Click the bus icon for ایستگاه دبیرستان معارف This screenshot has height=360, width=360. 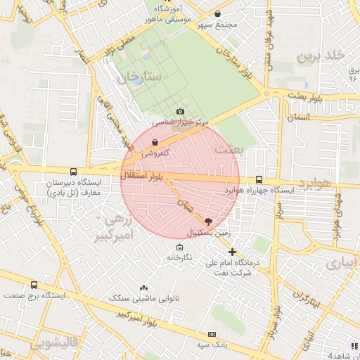(74, 172)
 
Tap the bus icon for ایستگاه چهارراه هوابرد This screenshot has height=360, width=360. (259, 180)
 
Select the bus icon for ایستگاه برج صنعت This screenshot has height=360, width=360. (34, 285)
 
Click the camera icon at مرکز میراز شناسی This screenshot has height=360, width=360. (181, 112)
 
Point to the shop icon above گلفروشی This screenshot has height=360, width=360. (155, 142)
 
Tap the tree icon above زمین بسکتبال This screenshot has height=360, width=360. (207, 221)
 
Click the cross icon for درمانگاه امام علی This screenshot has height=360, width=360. (232, 252)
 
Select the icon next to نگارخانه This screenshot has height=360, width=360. (180, 247)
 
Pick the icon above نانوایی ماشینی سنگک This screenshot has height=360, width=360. (144, 288)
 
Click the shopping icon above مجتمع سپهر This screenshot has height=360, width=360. (217, 14)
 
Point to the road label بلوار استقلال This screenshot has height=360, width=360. (141, 176)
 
